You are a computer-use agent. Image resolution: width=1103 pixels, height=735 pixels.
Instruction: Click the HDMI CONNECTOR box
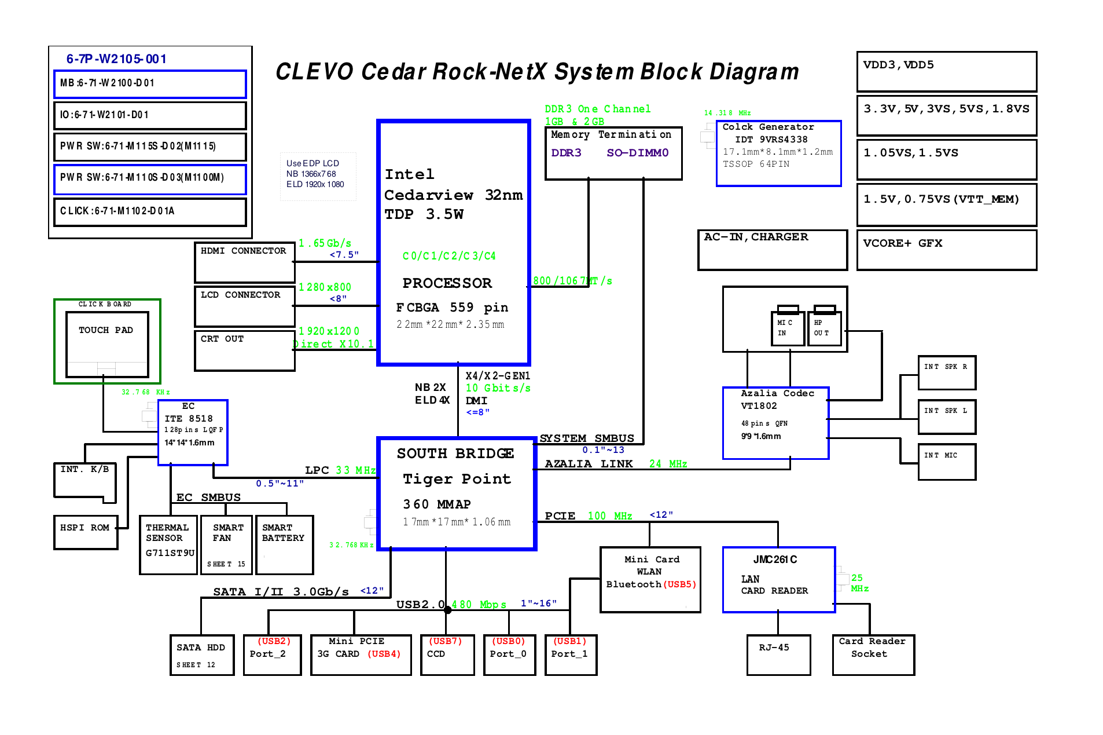click(244, 262)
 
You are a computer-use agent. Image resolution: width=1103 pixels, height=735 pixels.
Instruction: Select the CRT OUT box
click(244, 350)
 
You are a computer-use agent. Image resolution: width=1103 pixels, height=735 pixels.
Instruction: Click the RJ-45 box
click(778, 654)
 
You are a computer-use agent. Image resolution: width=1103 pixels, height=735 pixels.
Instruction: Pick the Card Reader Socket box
click(873, 654)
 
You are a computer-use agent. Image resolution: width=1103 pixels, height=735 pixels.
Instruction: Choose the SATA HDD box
click(201, 654)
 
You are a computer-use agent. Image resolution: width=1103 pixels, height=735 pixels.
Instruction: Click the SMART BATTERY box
click(284, 544)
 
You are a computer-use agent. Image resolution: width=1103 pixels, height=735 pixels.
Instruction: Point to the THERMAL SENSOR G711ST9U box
click(168, 544)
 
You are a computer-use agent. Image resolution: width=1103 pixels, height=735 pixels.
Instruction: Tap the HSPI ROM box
click(86, 532)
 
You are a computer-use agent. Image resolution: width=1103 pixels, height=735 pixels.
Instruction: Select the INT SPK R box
click(946, 372)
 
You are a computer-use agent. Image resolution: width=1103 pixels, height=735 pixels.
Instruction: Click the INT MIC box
click(946, 462)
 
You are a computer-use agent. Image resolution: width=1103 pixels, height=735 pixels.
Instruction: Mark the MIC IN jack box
click(787, 328)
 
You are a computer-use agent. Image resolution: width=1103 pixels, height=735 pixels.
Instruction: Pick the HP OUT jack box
click(823, 328)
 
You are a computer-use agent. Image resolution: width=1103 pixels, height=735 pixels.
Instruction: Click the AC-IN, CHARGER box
click(772, 250)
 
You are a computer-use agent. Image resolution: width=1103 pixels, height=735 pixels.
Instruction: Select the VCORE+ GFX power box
click(946, 250)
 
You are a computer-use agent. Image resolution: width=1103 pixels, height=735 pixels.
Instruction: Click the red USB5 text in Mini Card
click(680, 584)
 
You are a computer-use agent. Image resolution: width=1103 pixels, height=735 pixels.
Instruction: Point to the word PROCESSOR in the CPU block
click(447, 283)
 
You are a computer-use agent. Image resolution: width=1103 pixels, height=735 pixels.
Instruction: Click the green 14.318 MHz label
click(727, 113)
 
